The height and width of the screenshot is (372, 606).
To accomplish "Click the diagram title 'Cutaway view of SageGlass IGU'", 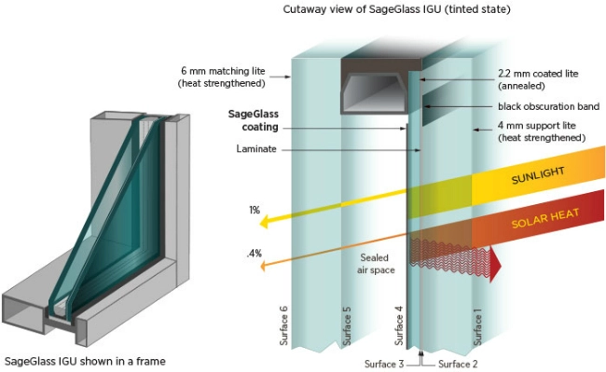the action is point(362,9).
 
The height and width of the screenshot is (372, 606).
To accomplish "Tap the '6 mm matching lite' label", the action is point(223,71).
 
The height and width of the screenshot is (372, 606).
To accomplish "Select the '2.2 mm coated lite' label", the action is point(538,74).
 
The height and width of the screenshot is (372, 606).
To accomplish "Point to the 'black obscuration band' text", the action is point(549,106).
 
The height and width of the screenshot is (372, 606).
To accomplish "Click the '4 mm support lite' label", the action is point(536,126).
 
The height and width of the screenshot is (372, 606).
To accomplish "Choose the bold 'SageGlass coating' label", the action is point(254,120).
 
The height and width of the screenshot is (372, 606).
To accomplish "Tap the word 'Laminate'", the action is point(256,149).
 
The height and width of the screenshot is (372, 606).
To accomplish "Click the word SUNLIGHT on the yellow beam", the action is point(538,175).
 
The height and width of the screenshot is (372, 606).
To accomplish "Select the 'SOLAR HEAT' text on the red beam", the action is point(545,218).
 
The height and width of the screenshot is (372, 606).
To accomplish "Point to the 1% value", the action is point(255,210).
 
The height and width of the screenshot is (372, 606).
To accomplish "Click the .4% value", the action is point(254,254).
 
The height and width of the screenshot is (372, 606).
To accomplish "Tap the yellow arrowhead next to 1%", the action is point(265,222).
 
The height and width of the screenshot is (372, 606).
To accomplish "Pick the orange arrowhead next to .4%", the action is point(264,266).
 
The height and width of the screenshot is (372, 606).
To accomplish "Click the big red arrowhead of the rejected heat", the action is point(495,265).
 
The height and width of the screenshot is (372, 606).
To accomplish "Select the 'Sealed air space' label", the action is point(376,264).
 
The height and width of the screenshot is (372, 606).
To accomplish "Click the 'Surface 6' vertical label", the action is point(284,325).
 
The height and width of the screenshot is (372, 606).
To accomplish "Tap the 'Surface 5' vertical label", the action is point(347,325).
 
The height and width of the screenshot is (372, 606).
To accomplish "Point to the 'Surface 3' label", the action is point(384,364).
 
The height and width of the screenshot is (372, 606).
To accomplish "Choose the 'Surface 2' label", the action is point(458,364).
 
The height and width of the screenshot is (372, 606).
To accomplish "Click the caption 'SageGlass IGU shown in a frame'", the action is point(85,362).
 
